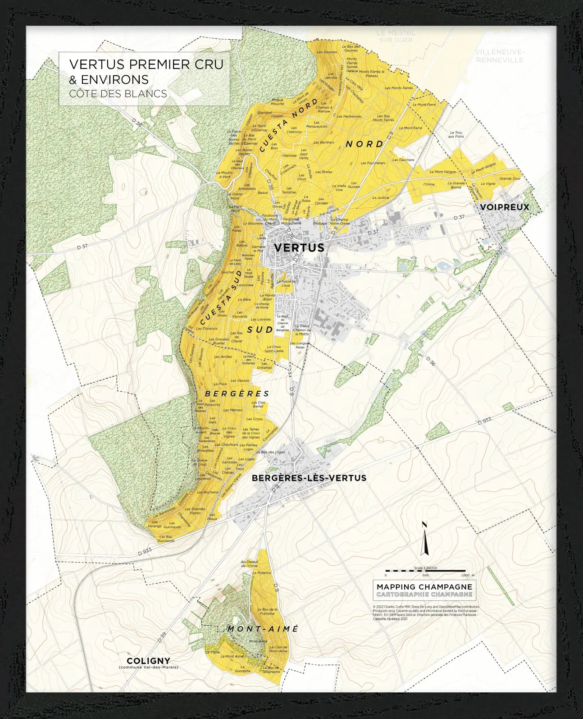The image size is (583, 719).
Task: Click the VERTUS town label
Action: [x=299, y=247]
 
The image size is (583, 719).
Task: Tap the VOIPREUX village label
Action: [x=504, y=207]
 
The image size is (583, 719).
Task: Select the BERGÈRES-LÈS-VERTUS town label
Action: [x=309, y=478]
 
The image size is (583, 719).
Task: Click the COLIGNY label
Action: [x=148, y=661]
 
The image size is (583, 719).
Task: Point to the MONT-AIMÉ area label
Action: [x=263, y=628]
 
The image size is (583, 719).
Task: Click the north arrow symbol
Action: [x=424, y=539]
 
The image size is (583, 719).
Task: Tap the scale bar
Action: [x=425, y=571]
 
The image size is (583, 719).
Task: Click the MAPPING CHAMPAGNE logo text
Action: [x=424, y=587]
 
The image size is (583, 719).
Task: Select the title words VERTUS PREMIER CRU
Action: [x=146, y=64]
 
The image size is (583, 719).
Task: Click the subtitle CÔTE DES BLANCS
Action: [x=118, y=94]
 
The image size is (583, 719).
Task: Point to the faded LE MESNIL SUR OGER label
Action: [x=396, y=36]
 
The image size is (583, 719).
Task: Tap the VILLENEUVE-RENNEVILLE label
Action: [x=500, y=56]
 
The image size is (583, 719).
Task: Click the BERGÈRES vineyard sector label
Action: [x=237, y=394]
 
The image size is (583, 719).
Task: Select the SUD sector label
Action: [x=260, y=330]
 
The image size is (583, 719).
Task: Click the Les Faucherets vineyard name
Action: [x=373, y=163]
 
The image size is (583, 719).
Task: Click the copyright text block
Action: [x=426, y=613]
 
